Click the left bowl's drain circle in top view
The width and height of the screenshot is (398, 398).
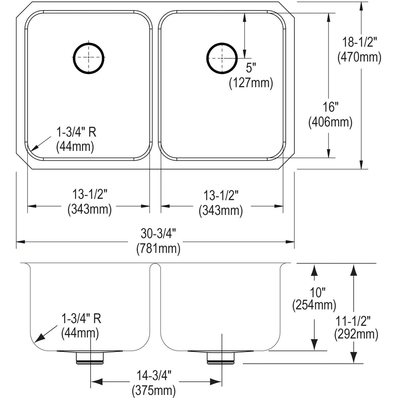click(x=89, y=57)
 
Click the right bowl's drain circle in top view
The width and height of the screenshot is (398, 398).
click(x=222, y=57)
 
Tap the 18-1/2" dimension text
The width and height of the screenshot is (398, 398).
click(x=360, y=43)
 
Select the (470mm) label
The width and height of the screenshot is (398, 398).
click(x=360, y=57)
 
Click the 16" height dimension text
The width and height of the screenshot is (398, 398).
click(x=330, y=108)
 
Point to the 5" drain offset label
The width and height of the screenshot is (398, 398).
click(x=251, y=69)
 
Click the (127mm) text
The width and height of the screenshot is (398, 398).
click(x=251, y=83)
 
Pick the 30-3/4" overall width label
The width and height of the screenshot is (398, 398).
click(x=158, y=234)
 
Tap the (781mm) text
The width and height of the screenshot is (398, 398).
click(x=158, y=248)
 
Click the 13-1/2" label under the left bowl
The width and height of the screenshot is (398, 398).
click(x=90, y=195)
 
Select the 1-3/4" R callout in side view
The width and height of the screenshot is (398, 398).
click(x=81, y=319)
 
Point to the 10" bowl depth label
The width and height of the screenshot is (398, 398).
click(x=314, y=292)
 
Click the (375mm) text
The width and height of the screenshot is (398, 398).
click(x=154, y=389)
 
